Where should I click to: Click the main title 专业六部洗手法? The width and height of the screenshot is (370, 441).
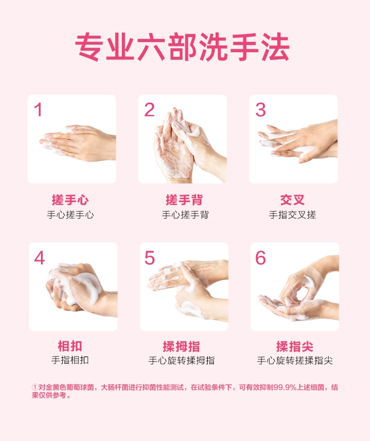coord(182,47)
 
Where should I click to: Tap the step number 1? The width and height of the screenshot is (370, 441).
coord(38,110)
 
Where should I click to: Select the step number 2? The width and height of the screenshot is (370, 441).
coord(149,110)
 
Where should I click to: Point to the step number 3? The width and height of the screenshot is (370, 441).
coord(260,110)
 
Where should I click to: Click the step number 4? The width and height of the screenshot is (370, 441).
coord(39,258)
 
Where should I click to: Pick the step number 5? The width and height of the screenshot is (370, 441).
coord(149,258)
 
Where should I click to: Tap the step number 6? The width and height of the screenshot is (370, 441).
coord(260,258)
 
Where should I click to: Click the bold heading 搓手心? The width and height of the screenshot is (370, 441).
coord(70,200)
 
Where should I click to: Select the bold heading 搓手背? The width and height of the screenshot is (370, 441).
coord(184,200)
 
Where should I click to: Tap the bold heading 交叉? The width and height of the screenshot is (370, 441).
coord(293,200)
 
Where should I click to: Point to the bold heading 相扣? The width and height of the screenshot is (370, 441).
coord(70,346)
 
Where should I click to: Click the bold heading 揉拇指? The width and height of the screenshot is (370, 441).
coord(182,346)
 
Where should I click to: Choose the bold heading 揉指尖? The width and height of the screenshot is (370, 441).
coord(295,346)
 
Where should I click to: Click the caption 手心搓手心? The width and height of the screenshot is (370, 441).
coord(70,215)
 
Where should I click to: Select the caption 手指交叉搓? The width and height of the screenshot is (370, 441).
coord(293,215)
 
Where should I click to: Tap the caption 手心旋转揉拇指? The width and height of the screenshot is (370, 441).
coord(182,361)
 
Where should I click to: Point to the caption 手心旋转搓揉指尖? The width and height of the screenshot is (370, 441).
coord(295,361)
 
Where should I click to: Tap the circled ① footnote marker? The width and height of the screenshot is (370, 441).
coord(35,387)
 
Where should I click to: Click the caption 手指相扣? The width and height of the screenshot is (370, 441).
coord(70,360)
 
